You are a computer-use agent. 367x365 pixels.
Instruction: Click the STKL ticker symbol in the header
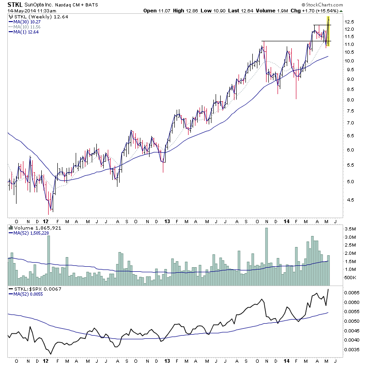[x=15, y=5]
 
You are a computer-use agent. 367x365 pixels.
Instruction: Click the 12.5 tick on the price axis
[x=350, y=22]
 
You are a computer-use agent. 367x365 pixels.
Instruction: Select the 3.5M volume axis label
[x=350, y=229]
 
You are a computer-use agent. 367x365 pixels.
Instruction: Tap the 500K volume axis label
[x=350, y=278]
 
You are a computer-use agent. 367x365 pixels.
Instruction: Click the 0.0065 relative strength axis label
[x=352, y=292]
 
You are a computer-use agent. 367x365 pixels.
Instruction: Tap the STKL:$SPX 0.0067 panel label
[x=34, y=289]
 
